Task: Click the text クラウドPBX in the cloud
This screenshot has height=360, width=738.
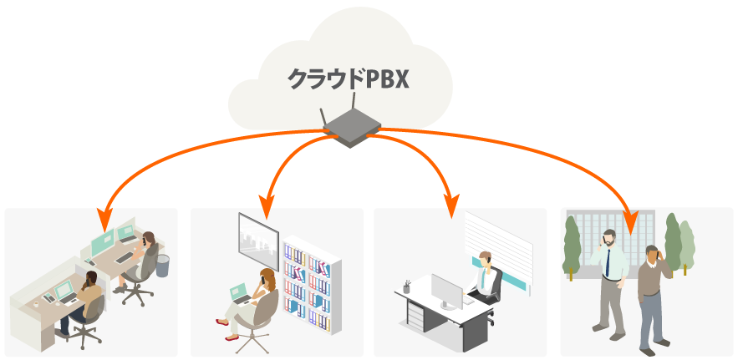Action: [x=349, y=79]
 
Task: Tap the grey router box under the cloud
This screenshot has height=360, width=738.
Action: [x=351, y=129]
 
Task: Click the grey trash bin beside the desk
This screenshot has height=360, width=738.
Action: [x=162, y=265]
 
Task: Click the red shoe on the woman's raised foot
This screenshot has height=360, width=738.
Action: [x=221, y=322]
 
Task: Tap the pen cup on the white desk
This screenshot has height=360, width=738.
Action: [x=406, y=286]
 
